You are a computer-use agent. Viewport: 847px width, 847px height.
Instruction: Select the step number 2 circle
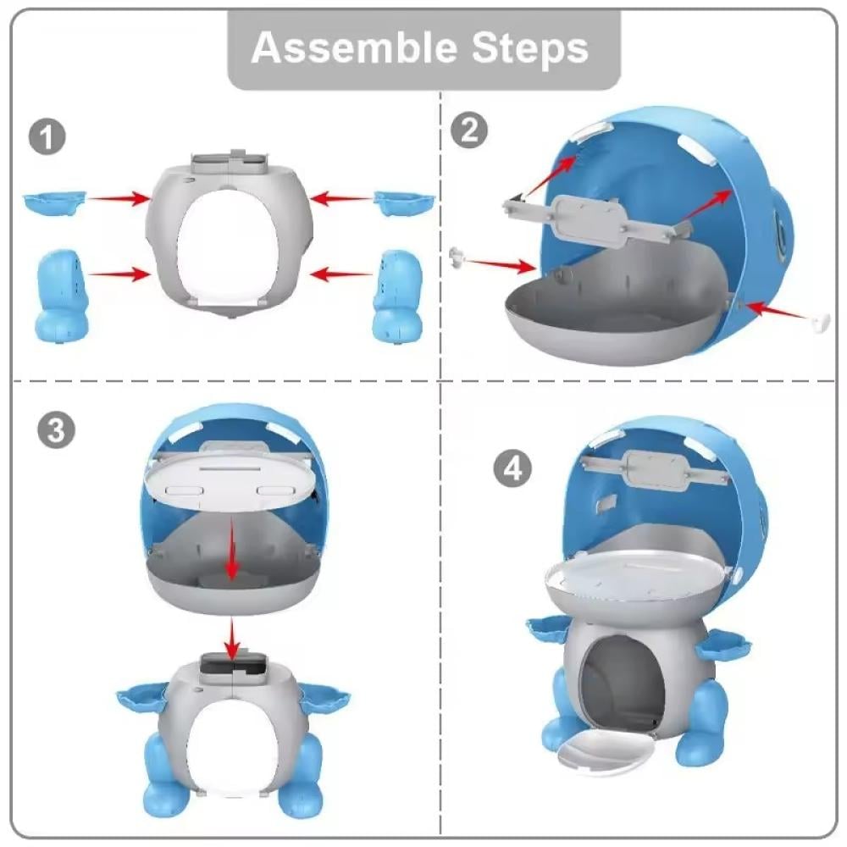click(x=469, y=130)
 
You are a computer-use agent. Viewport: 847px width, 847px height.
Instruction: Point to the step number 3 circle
click(x=56, y=430)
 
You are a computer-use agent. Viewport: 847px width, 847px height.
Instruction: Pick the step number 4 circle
click(x=512, y=468)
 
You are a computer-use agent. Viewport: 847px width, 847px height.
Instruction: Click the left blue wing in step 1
click(x=54, y=202)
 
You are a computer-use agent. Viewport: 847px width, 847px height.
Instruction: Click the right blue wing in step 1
click(x=405, y=203)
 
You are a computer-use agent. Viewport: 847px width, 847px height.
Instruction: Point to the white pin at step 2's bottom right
click(x=820, y=323)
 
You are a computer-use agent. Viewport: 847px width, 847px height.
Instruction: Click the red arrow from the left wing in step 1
click(x=119, y=199)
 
